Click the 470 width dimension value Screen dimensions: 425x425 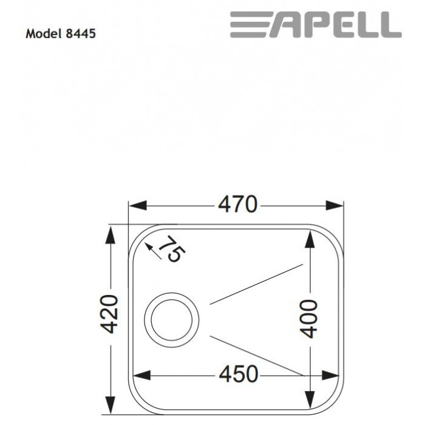click(x=238, y=205)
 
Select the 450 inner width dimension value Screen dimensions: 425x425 click(x=238, y=375)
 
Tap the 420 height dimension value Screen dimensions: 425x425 click(x=109, y=314)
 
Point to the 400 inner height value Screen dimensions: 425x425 click(x=309, y=318)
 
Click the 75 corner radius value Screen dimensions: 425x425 click(x=172, y=248)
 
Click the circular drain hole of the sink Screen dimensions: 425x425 click(x=171, y=318)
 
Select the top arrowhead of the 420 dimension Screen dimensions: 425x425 click(x=110, y=234)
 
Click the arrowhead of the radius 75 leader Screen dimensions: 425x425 click(x=149, y=246)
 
